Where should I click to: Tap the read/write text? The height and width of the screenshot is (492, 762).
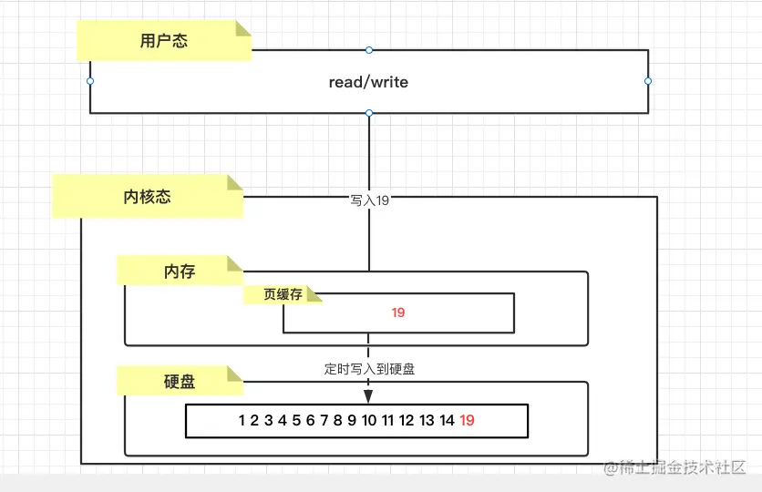click(368, 82)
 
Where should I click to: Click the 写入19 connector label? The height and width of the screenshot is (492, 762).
click(369, 200)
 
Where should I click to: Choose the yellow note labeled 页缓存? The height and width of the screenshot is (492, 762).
click(283, 295)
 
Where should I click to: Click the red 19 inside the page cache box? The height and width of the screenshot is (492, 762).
click(398, 313)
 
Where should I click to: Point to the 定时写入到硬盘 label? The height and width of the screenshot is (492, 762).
click(369, 369)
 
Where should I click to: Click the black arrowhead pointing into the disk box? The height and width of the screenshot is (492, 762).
click(369, 396)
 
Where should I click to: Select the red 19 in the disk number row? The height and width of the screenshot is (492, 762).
click(468, 420)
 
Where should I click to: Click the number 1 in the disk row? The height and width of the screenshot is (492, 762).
click(242, 420)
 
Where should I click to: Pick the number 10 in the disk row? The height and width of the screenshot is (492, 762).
click(369, 420)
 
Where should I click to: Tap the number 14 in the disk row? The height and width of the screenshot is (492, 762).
click(447, 420)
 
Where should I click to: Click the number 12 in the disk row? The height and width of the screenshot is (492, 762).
click(407, 420)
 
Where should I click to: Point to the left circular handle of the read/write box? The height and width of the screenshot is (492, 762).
click(90, 81)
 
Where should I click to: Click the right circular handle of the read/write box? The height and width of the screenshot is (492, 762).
click(648, 81)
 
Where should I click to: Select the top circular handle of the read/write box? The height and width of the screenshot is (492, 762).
click(369, 49)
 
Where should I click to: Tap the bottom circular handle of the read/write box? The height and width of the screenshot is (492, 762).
click(369, 113)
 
